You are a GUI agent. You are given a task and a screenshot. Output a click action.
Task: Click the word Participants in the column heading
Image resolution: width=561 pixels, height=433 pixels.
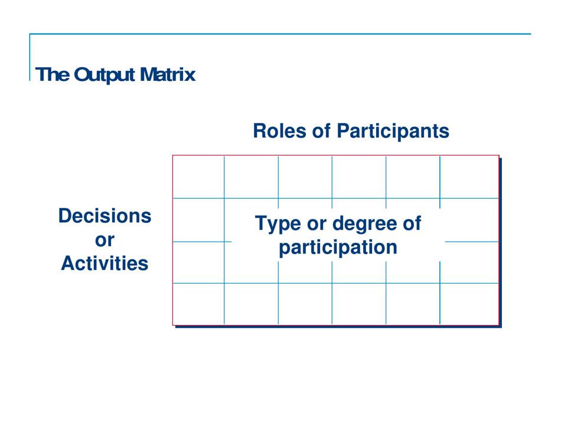point(393,131)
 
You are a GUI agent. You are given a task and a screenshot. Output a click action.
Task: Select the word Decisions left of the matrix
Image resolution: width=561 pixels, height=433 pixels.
point(105,216)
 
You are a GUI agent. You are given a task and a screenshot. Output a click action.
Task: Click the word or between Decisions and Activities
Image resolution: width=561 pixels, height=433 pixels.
point(105,240)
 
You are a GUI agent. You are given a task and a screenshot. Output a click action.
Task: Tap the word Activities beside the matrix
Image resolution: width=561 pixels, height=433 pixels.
point(105,263)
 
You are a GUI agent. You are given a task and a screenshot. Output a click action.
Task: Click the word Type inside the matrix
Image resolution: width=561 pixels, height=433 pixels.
point(278,224)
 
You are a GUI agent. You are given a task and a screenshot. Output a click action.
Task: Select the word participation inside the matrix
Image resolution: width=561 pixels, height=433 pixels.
point(338,247)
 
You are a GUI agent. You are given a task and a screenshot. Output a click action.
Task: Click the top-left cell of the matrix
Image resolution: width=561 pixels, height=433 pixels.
point(198,177)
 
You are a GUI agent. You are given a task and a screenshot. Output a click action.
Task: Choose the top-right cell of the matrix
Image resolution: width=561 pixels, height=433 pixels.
point(469,177)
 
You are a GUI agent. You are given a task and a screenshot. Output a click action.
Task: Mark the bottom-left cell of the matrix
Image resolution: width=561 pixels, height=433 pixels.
point(198,304)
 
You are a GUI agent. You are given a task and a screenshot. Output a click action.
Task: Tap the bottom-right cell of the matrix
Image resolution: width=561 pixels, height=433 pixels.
point(469,304)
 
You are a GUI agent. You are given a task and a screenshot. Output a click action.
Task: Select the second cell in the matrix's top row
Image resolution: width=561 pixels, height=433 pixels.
point(251,177)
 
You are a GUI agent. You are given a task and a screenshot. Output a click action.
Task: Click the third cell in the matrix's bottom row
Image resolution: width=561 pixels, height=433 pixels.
point(305,304)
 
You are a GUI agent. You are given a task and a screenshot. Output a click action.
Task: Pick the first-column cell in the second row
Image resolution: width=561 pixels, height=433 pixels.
point(198,219)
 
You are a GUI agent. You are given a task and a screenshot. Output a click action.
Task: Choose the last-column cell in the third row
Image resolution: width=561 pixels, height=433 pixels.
point(469,262)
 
